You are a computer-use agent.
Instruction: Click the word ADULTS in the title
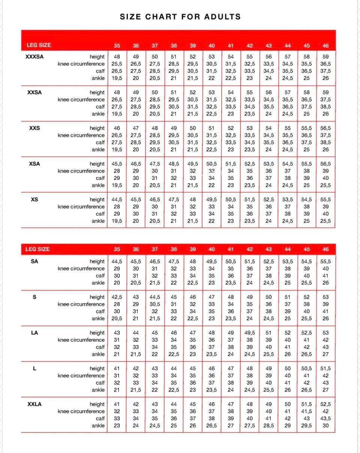pyautogui.click(x=222, y=17)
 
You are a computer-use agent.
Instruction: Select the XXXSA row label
pyautogui.click(x=34, y=57)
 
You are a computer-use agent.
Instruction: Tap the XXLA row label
pyautogui.click(x=34, y=404)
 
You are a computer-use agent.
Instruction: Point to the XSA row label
pyautogui.click(x=34, y=164)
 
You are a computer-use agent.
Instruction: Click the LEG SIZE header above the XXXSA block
pyautogui.click(x=39, y=45)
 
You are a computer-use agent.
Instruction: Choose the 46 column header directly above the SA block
pyautogui.click(x=325, y=249)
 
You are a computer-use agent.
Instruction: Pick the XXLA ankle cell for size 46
pyautogui.click(x=325, y=426)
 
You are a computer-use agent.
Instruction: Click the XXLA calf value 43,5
pyautogui.click(x=325, y=419)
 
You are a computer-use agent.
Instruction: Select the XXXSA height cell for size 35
pyautogui.click(x=117, y=57)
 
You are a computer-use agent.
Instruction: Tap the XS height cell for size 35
pyautogui.click(x=117, y=200)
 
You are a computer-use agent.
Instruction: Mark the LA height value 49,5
pyautogui.click(x=250, y=333)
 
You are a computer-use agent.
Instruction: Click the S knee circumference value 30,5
pyautogui.click(x=155, y=304)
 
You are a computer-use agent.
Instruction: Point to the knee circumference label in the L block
pyautogui.click(x=81, y=376)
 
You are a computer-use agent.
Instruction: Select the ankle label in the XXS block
pyautogui.click(x=98, y=150)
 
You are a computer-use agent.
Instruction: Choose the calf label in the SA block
pyautogui.click(x=100, y=276)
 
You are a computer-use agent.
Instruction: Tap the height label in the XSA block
pyautogui.click(x=97, y=164)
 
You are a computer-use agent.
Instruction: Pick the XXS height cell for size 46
pyautogui.click(x=325, y=128)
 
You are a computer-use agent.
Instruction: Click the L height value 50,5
pyautogui.click(x=307, y=369)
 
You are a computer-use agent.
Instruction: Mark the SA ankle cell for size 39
pyautogui.click(x=193, y=283)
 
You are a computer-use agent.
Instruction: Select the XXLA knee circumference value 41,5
pyautogui.click(x=307, y=411)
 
